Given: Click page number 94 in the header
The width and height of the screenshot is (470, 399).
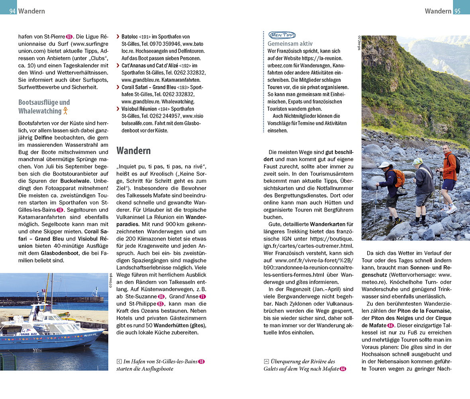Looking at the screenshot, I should click(12, 11).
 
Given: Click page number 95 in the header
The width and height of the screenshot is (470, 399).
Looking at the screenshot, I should click(457, 11).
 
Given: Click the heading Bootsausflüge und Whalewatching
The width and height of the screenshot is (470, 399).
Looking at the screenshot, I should click(44, 107).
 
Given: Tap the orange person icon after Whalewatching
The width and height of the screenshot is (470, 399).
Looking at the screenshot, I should click(66, 111).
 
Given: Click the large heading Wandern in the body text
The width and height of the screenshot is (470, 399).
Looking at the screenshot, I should click(133, 150).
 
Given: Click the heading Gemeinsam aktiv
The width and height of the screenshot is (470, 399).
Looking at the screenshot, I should click(290, 44).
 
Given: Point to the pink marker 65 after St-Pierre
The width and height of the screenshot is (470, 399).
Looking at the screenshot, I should click(69, 37).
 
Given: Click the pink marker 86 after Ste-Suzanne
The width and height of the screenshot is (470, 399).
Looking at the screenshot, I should click(161, 296).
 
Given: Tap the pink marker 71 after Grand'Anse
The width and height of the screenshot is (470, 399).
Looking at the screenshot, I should click(202, 296).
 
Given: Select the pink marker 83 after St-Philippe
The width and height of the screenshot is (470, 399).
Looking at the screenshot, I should click(161, 304).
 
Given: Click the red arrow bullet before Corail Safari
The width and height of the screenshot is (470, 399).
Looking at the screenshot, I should click(118, 87).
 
